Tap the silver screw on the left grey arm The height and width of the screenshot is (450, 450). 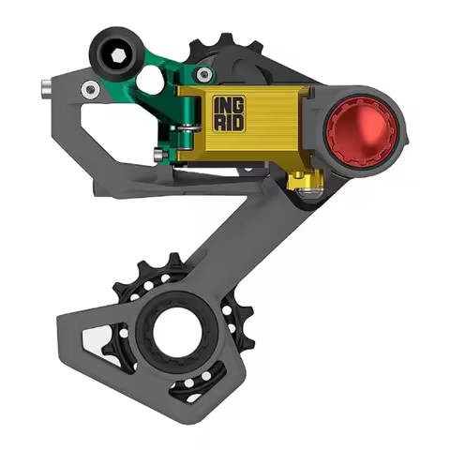tap(90, 89)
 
